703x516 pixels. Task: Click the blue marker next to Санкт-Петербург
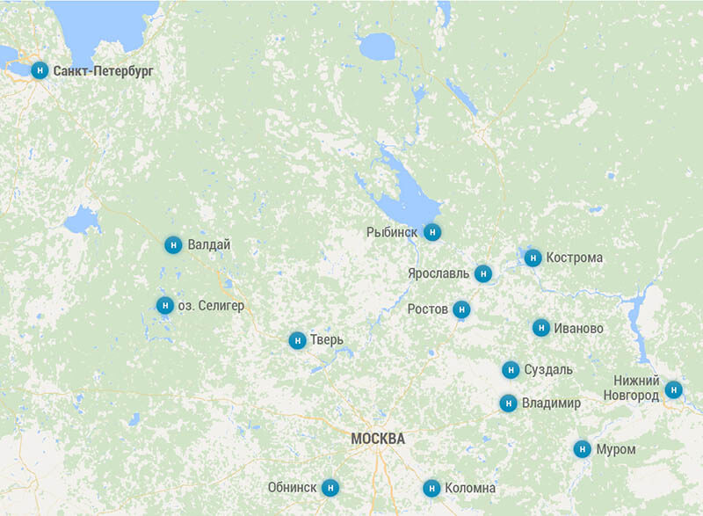pyautogui.click(x=40, y=70)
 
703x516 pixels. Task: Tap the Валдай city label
pyautogui.click(x=209, y=245)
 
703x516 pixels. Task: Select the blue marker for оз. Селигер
pyautogui.click(x=164, y=305)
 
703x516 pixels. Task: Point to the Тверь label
pyautogui.click(x=326, y=340)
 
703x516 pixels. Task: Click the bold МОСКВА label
pyautogui.click(x=378, y=439)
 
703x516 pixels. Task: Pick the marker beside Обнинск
pyautogui.click(x=330, y=487)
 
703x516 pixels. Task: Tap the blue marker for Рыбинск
pyautogui.click(x=431, y=232)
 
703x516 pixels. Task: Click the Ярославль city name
pyautogui.click(x=438, y=274)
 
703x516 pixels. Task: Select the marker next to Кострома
pyautogui.click(x=533, y=258)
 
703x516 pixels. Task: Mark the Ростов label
pyautogui.click(x=428, y=309)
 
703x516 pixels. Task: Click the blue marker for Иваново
pyautogui.click(x=540, y=328)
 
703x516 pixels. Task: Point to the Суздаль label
pyautogui.click(x=549, y=370)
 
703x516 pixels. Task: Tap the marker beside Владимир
pyautogui.click(x=508, y=403)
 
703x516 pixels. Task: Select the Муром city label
pyautogui.click(x=615, y=449)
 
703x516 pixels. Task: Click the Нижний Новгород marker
pyautogui.click(x=673, y=389)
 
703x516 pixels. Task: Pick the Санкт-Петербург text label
pyautogui.click(x=104, y=70)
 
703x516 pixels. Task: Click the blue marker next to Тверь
pyautogui.click(x=298, y=340)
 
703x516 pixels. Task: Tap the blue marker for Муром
pyautogui.click(x=582, y=449)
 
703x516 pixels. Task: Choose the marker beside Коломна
pyautogui.click(x=431, y=488)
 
